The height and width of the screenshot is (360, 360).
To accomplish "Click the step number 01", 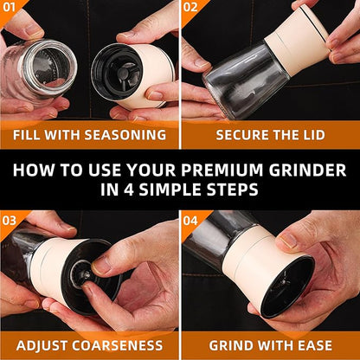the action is (9, 7).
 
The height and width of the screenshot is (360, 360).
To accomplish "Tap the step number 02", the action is (190, 7).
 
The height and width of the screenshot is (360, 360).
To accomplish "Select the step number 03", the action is (10, 221).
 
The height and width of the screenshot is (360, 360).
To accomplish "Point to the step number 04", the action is (190, 221).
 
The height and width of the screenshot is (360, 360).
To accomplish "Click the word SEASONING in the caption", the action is (125, 135).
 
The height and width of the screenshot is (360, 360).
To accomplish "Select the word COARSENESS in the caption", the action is (118, 345).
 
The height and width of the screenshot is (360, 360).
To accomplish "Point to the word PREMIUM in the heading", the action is (222, 170).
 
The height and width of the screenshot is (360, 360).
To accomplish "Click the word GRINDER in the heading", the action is (307, 170).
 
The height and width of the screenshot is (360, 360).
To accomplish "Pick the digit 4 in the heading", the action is (129, 190).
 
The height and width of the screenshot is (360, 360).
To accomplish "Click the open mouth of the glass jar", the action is (48, 67).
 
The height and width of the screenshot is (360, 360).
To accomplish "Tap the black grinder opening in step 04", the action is (287, 287).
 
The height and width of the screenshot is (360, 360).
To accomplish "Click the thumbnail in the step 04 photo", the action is (288, 240).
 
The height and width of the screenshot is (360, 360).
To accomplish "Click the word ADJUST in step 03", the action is (42, 345).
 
